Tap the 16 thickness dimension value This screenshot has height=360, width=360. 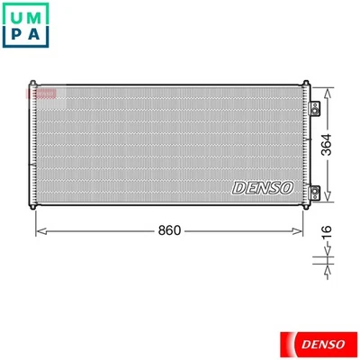(x=329, y=232)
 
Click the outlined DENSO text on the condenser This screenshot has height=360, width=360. (x=262, y=187)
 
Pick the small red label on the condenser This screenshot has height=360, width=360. (x=40, y=91)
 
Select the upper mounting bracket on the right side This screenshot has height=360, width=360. (x=316, y=108)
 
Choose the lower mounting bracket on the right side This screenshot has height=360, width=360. (x=316, y=190)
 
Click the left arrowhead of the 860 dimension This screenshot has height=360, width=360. (x=40, y=230)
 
